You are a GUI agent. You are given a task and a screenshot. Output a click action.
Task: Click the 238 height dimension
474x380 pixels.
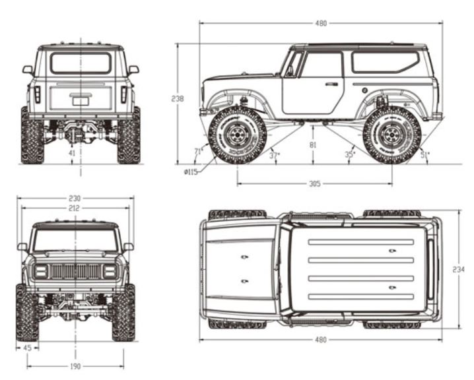pos(177,99)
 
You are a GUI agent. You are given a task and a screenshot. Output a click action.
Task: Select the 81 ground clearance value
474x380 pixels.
pos(313,144)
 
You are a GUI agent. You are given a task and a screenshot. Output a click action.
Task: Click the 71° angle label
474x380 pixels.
pos(197,151)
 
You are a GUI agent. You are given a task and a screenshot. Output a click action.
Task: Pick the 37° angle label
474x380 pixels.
pos(274,155)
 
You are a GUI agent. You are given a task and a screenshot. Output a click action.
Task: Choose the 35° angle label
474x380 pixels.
pos(349,155)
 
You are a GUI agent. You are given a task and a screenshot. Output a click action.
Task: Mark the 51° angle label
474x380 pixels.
pos(424,155)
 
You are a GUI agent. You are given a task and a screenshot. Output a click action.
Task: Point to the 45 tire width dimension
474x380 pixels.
pos(28,347)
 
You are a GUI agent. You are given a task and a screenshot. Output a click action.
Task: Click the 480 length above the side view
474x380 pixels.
pos(321,24)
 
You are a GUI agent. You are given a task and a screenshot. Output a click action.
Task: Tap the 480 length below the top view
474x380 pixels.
pos(321,340)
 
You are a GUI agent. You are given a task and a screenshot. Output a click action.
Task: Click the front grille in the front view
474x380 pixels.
pos(75,271)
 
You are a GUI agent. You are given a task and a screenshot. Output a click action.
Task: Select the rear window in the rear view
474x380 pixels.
pos(81,63)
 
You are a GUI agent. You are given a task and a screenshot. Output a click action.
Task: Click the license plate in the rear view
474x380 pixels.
pos(81,100)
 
